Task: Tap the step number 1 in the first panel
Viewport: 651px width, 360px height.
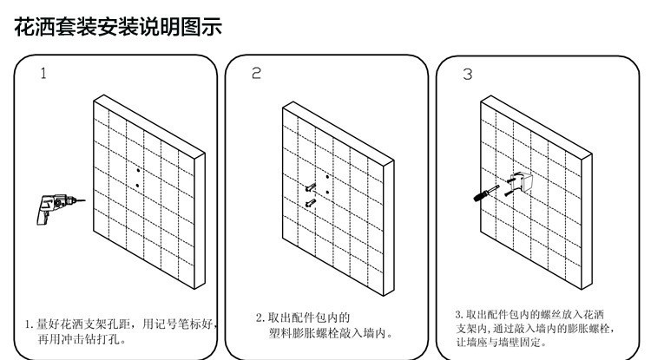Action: click(x=43, y=74)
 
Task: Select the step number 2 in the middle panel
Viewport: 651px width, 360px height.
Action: click(x=255, y=74)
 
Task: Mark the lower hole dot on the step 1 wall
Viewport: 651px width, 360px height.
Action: click(x=137, y=185)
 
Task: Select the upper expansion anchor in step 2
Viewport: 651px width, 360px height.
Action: click(x=309, y=186)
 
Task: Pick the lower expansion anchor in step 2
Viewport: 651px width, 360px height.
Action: click(x=309, y=203)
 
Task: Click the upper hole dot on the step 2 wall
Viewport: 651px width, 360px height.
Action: click(x=325, y=178)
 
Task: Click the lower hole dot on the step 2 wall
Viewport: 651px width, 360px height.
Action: click(x=325, y=193)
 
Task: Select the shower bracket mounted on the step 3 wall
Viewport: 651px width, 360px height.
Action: click(x=521, y=181)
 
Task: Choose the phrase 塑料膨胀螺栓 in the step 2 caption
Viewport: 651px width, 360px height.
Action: click(x=300, y=333)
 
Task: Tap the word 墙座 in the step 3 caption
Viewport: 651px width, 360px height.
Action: click(x=474, y=344)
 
